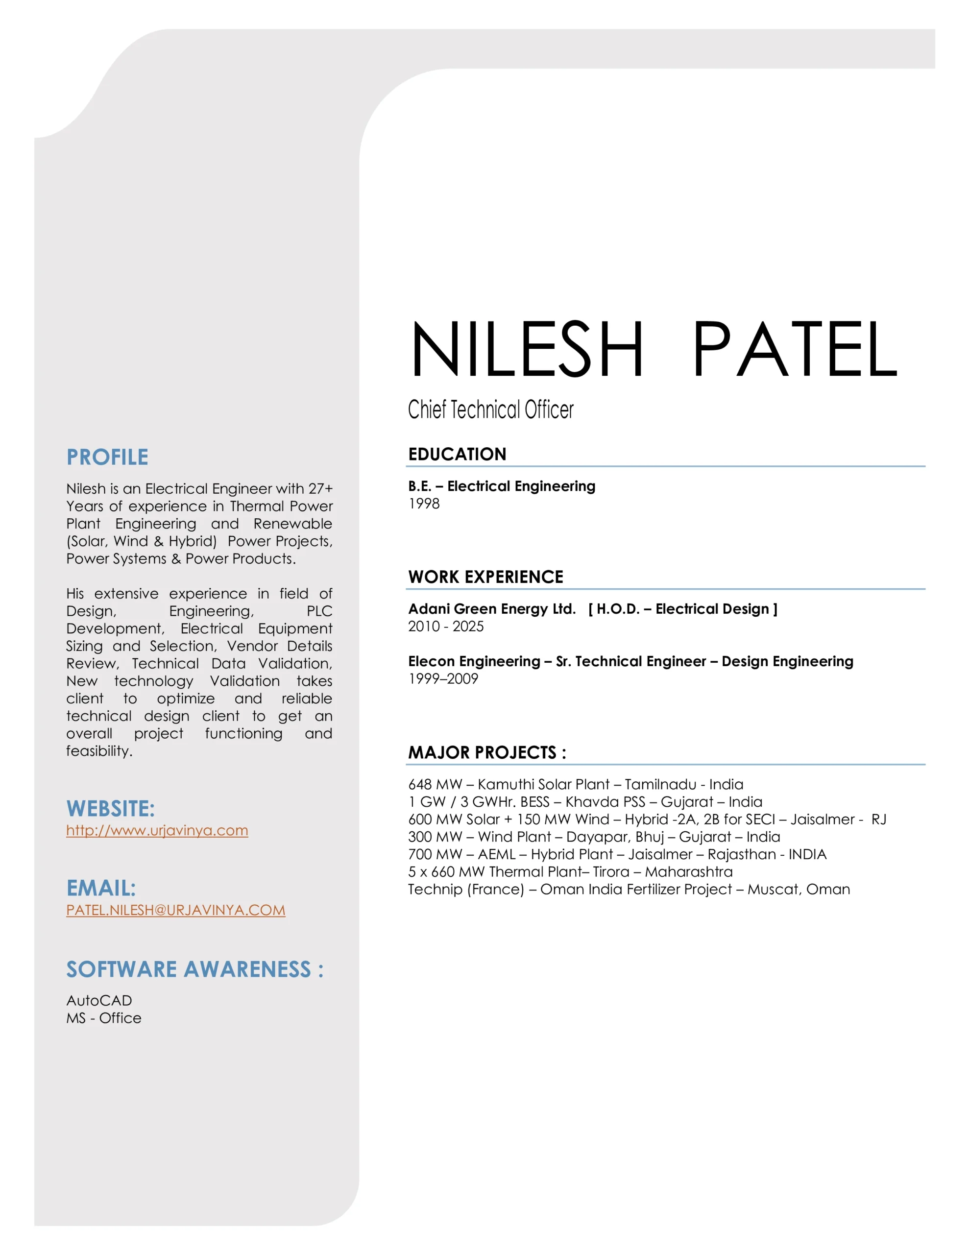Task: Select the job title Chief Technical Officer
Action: point(490,410)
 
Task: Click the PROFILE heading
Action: point(107,457)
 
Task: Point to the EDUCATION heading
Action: point(457,454)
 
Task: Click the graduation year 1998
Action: point(424,504)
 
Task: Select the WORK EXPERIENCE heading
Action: point(485,577)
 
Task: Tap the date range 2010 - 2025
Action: point(446,627)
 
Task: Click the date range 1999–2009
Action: point(443,678)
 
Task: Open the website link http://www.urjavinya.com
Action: point(157,830)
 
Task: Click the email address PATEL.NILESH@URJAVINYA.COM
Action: point(175,910)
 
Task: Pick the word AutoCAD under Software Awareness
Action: point(99,1000)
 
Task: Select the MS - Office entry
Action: point(103,1018)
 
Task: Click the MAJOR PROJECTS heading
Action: point(487,752)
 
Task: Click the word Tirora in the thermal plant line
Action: point(611,871)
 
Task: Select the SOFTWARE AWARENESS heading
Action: point(194,969)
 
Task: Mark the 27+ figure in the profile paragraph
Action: point(320,489)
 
